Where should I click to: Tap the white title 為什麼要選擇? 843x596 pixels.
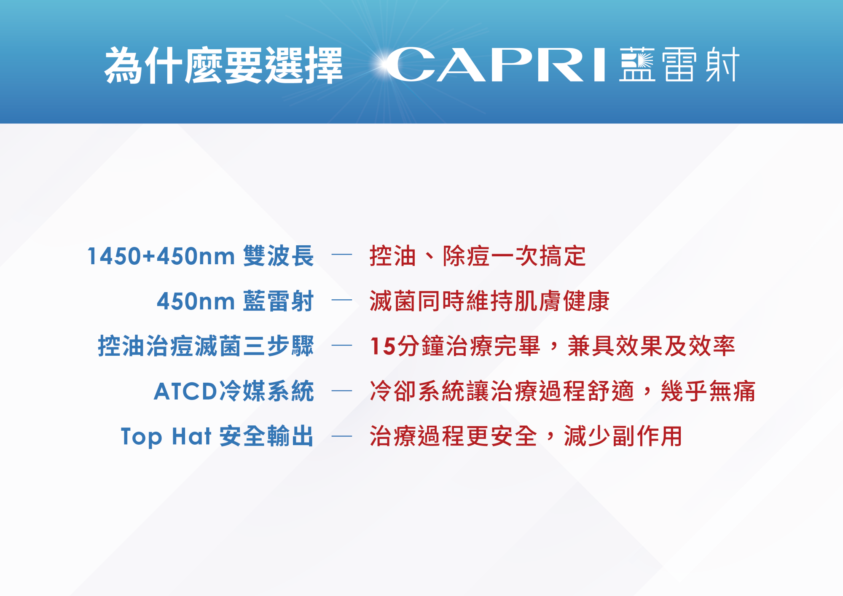tap(223, 65)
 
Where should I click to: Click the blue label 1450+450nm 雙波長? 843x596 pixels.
tap(201, 256)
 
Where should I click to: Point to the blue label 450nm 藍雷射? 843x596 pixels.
tap(236, 301)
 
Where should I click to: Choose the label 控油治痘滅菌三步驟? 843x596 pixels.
tap(206, 346)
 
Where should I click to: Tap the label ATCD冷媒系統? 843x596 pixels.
tap(234, 391)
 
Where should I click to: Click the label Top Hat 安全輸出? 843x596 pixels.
tap(217, 436)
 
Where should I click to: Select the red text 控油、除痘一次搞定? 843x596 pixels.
tap(478, 256)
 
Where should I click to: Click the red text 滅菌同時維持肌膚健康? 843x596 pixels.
tap(490, 301)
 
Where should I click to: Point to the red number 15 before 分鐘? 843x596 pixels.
tap(383, 346)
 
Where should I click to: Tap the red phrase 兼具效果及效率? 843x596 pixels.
tap(652, 346)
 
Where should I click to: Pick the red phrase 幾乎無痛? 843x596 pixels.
tap(709, 391)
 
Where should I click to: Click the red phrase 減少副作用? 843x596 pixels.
tap(623, 436)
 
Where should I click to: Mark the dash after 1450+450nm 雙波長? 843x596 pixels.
tap(342, 255)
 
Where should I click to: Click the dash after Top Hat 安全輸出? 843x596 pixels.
tap(342, 437)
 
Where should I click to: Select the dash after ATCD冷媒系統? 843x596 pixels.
tap(342, 391)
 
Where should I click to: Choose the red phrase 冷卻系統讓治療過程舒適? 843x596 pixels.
tap(502, 391)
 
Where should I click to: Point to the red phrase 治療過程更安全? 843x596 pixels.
tap(454, 436)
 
